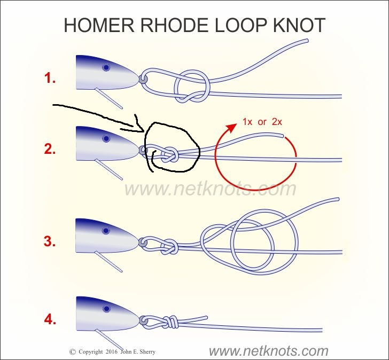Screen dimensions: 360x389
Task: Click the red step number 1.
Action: coord(50,79)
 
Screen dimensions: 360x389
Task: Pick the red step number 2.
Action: coord(50,150)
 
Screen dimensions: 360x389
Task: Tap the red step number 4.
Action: coord(50,320)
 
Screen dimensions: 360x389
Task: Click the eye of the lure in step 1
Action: coord(106,67)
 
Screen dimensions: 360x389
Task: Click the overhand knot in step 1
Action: coord(191,85)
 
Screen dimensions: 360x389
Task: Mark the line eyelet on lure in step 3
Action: coord(143,242)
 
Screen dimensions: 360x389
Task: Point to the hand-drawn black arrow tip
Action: coord(143,131)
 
